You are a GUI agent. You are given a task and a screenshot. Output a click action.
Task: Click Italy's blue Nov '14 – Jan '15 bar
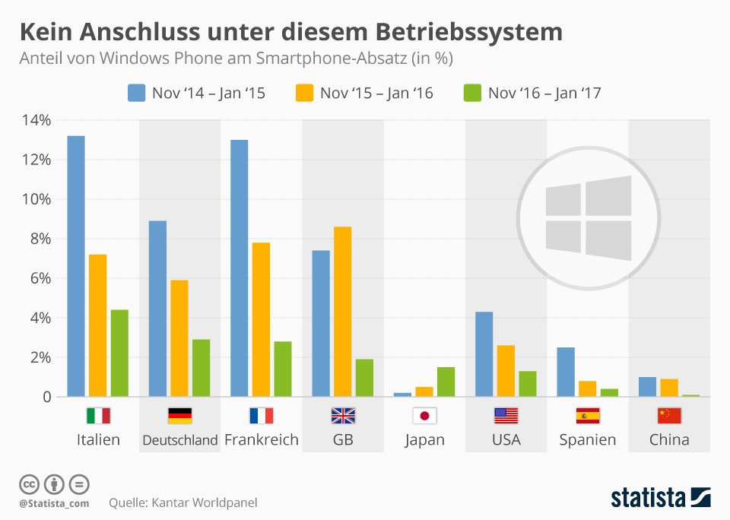[76, 266]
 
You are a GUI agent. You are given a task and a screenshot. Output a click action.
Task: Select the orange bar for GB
[343, 312]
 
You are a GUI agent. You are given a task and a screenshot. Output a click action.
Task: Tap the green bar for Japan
[446, 382]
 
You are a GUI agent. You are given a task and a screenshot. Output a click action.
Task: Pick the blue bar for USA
[484, 354]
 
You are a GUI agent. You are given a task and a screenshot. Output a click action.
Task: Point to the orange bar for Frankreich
[261, 319]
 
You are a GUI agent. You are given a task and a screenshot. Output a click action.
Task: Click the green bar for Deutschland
[201, 368]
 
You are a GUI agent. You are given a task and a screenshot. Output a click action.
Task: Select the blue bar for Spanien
[566, 372]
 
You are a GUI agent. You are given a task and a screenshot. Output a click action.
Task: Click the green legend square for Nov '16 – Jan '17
[472, 93]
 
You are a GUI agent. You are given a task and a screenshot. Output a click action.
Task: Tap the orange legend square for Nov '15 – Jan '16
[304, 93]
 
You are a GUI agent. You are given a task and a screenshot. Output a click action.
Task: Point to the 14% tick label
[36, 120]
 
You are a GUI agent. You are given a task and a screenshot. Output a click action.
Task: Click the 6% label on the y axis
[40, 278]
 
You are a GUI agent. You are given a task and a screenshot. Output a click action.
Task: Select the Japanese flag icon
[424, 416]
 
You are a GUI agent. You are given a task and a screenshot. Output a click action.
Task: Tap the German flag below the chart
[179, 416]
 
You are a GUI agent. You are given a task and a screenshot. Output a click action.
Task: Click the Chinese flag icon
[669, 416]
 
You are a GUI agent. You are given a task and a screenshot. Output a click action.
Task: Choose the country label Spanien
[588, 439]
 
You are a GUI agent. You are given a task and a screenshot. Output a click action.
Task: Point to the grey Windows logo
[589, 218]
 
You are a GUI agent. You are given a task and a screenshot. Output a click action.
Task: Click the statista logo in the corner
[661, 497]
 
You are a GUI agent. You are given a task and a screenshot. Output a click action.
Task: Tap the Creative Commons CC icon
[29, 484]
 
